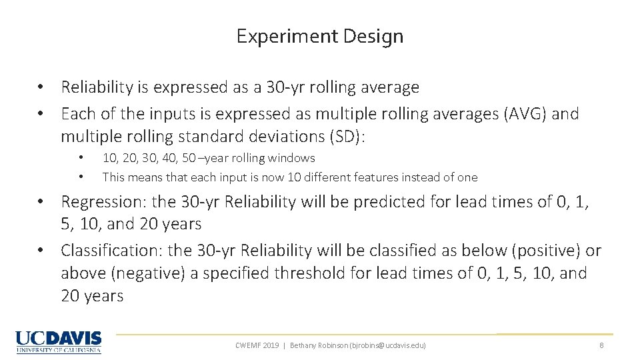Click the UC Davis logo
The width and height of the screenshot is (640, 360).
(59, 341)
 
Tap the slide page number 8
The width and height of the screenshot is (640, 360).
(601, 345)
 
